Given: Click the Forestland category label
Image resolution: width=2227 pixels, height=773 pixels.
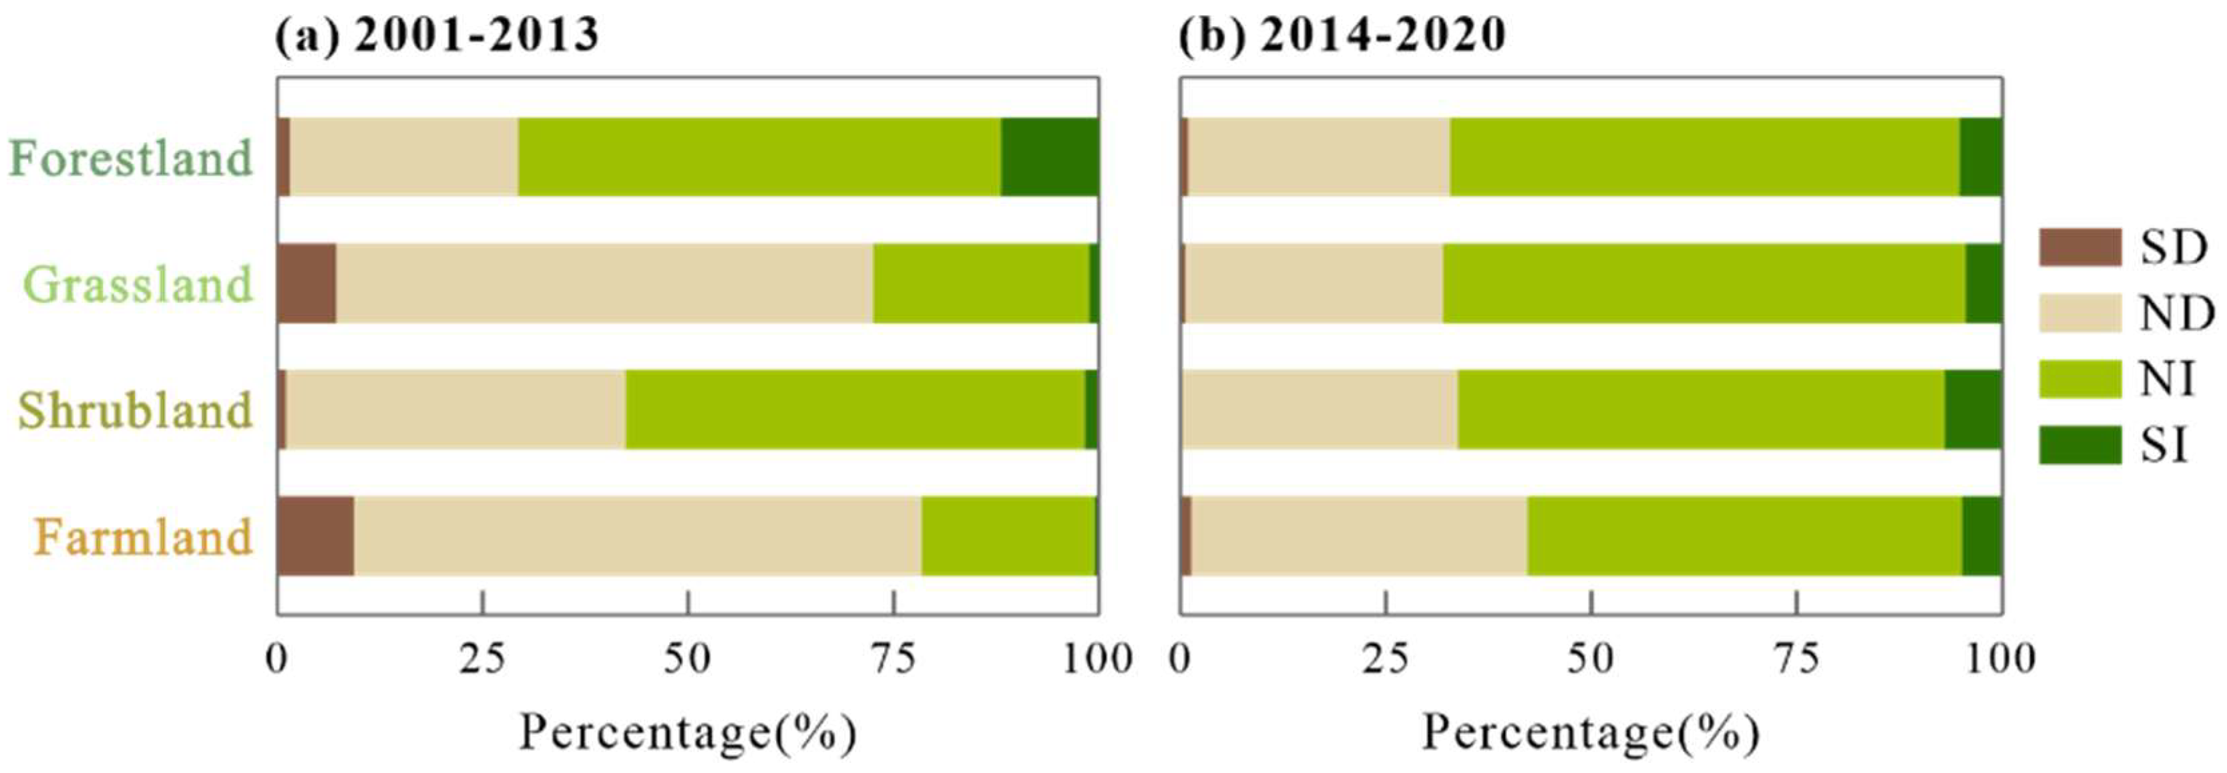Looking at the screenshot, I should coord(132,158).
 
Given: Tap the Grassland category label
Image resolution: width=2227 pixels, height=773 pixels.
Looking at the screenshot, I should coord(138,285).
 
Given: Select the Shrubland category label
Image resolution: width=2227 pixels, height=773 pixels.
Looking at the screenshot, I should coord(136,411).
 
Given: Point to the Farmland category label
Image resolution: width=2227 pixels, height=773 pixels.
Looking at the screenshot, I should coord(144,537).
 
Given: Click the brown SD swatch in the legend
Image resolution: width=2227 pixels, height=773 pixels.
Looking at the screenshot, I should coord(2080,247).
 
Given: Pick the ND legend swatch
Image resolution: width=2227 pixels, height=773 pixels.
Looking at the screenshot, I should coord(2080,313).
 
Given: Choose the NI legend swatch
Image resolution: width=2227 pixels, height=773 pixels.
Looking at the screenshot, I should coord(2080,379).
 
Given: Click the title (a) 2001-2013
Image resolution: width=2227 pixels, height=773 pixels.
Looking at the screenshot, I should coord(437,36).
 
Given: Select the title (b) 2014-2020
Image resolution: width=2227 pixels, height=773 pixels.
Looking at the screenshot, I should coord(1342,36).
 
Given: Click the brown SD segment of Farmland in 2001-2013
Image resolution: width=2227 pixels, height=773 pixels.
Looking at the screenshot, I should coord(316,536).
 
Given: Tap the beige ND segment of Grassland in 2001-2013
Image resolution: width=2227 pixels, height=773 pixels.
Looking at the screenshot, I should coord(604,283).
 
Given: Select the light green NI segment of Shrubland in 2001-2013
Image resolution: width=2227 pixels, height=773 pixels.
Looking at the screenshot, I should coord(854,410).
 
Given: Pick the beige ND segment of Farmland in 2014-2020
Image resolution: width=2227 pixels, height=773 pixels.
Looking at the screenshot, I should coord(1359,536).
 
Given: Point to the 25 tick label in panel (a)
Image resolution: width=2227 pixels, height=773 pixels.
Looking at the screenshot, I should coord(481,659).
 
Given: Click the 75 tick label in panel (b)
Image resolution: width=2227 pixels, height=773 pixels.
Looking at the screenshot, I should coord(1796,659).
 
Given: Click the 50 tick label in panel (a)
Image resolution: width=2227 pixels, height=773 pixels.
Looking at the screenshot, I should coord(687,659).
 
